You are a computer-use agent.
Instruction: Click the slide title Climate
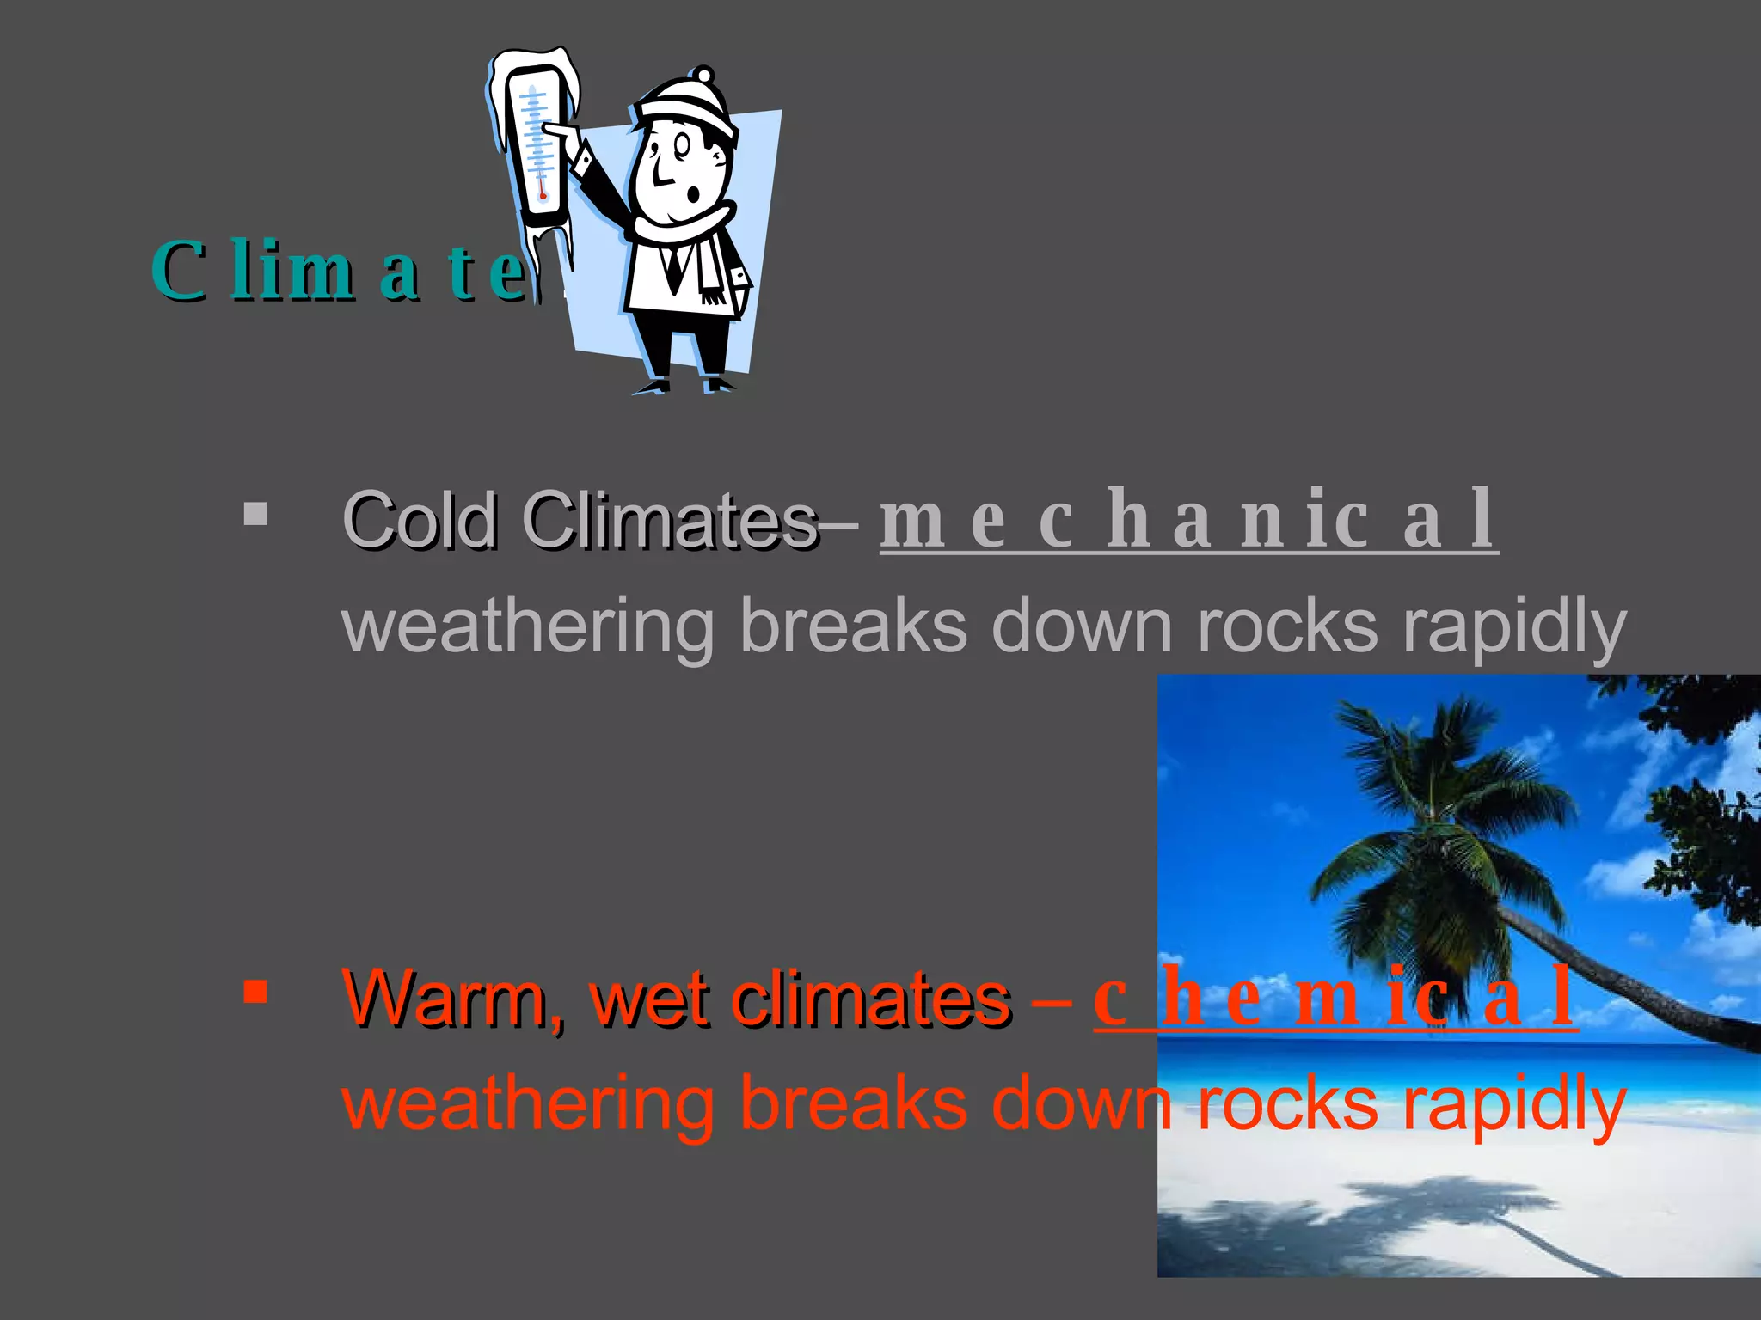[x=340, y=272]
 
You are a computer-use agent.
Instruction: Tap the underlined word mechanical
[x=1188, y=519]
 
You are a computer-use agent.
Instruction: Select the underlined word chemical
[x=1335, y=997]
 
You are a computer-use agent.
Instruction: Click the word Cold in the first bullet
[x=420, y=521]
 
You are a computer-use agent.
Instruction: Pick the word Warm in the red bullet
[x=453, y=999]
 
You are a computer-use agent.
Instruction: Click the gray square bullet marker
[x=255, y=514]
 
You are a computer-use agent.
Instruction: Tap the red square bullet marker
[x=255, y=993]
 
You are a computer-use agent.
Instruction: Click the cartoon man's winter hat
[x=688, y=107]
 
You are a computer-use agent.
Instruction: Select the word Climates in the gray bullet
[x=671, y=521]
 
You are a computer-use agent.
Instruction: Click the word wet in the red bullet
[x=649, y=999]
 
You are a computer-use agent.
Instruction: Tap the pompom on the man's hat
[x=703, y=75]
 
